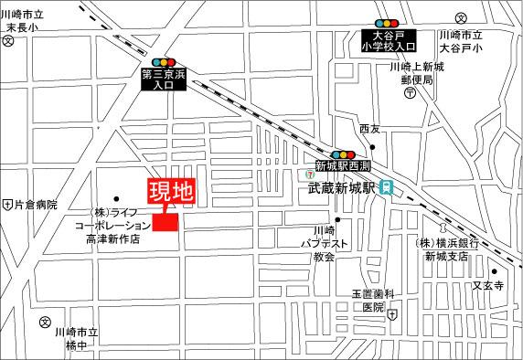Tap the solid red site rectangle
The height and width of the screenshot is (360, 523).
(168, 222)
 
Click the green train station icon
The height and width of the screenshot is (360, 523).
(388, 187)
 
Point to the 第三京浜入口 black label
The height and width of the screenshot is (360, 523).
(163, 79)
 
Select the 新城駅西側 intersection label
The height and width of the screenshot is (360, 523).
(342, 165)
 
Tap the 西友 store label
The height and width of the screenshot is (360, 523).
(369, 129)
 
